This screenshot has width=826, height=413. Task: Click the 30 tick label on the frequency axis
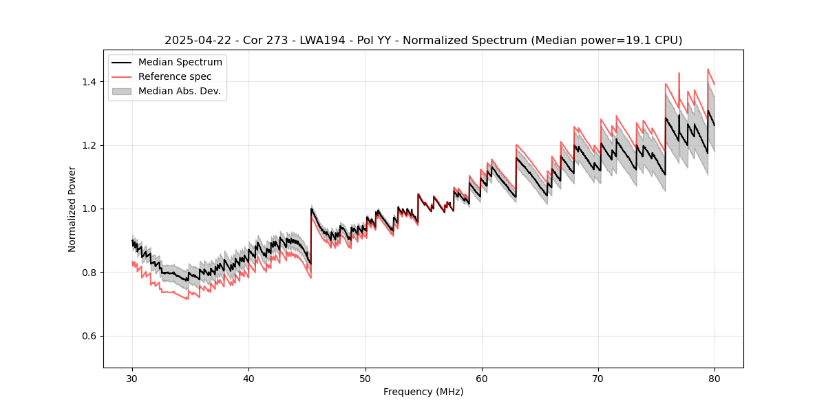click(133, 379)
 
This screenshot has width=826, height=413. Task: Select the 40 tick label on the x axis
click(249, 379)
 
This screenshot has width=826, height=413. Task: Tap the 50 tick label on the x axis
click(366, 379)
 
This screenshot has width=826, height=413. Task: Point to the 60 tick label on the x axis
click(482, 379)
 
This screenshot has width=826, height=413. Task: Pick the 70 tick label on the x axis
click(598, 379)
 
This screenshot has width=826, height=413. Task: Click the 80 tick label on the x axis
click(714, 379)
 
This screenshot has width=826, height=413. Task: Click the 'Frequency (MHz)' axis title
click(423, 392)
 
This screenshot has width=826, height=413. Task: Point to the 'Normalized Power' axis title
click(72, 209)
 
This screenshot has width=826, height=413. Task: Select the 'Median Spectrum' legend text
click(180, 63)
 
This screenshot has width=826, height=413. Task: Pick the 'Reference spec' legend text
click(175, 76)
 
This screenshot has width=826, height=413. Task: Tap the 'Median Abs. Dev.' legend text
click(180, 91)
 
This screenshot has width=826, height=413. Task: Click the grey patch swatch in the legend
click(122, 91)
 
